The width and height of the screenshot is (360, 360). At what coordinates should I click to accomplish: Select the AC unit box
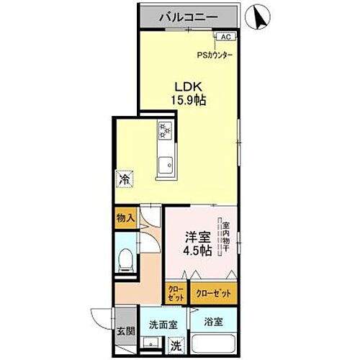coord(225,37)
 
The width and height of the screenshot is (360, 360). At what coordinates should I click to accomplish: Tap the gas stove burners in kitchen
coord(166,132)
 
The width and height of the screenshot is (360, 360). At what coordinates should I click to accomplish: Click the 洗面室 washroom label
coord(163,324)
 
